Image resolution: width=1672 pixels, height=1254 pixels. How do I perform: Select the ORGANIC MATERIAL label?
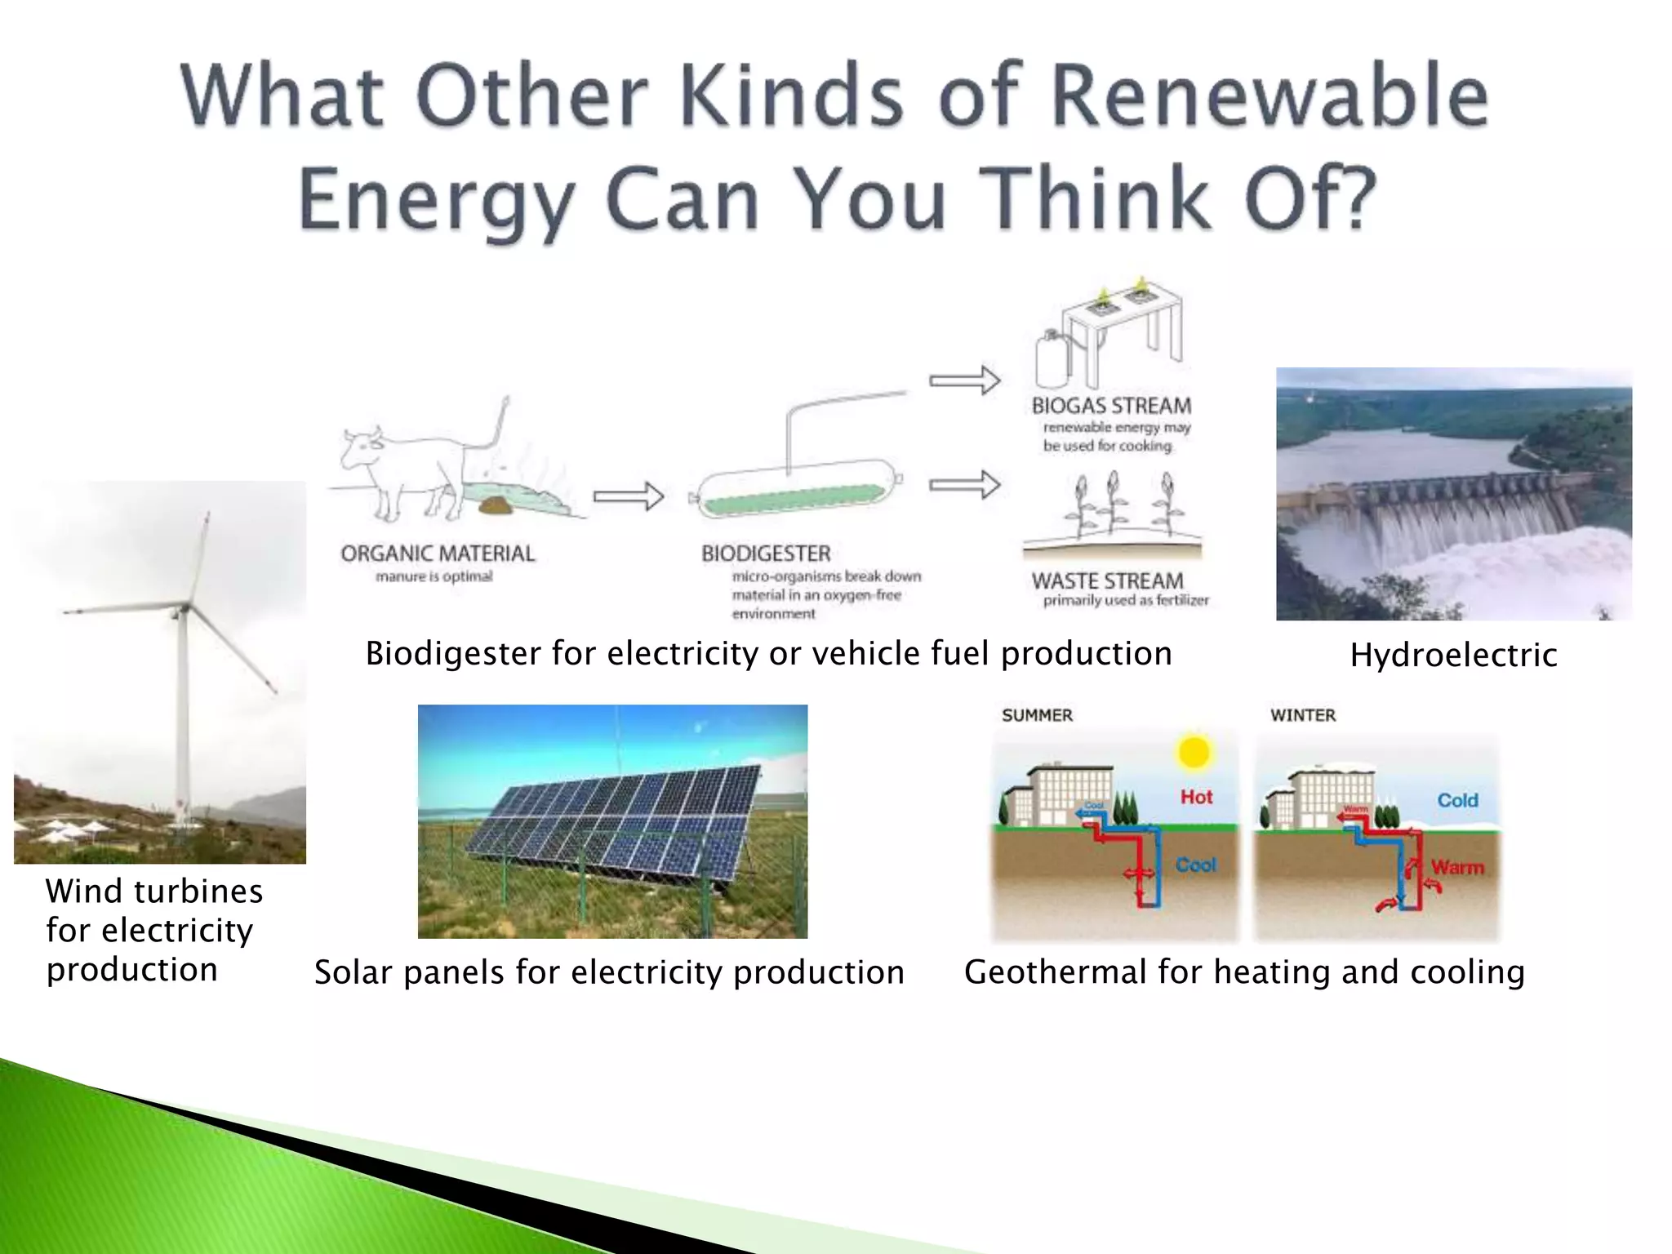(x=438, y=554)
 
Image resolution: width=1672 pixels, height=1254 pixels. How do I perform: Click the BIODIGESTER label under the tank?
(x=766, y=554)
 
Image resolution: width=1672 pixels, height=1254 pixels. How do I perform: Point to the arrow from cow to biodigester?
(x=628, y=496)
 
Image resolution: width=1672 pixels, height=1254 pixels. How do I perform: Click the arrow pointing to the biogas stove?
(x=964, y=380)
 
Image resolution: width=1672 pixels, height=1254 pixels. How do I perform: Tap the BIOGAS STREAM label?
(x=1111, y=406)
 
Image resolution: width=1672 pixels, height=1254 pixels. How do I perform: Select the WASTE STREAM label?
(x=1107, y=581)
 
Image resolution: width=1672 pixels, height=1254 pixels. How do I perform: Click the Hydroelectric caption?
(x=1453, y=656)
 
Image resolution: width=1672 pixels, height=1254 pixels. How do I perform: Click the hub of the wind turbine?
(x=185, y=608)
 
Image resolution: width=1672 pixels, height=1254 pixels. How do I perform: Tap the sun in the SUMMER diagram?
(x=1194, y=752)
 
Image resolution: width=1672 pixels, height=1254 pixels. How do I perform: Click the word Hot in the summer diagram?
(x=1196, y=797)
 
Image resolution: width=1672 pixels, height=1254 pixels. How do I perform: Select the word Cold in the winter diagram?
(x=1457, y=800)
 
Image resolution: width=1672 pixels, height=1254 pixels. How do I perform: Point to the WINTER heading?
(x=1303, y=715)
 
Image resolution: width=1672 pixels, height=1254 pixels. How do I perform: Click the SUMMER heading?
(x=1037, y=715)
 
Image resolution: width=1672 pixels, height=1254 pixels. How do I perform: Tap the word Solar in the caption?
(x=354, y=972)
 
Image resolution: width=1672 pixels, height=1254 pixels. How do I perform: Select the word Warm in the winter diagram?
(x=1457, y=867)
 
